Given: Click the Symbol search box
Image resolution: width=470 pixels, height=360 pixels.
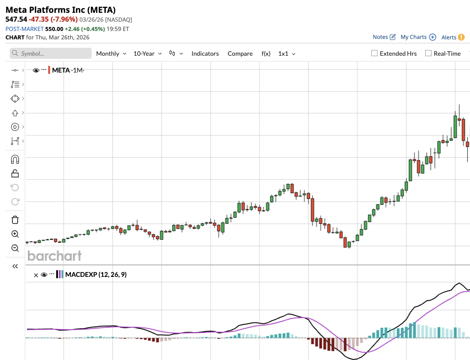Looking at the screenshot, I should click(x=50, y=54).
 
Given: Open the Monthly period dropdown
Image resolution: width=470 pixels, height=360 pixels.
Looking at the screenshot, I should click(x=111, y=54).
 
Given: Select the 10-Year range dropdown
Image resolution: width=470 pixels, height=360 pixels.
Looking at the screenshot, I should click(x=147, y=54).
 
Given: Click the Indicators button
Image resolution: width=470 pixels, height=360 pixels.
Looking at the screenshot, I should click(x=205, y=54).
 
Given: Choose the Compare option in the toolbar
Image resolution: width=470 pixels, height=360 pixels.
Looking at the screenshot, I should click(x=240, y=54).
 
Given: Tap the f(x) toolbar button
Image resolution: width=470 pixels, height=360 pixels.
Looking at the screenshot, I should click(x=266, y=54).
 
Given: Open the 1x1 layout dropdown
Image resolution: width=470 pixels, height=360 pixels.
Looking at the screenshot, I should click(x=286, y=54).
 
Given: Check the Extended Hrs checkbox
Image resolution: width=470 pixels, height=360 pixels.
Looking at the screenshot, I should click(x=374, y=54).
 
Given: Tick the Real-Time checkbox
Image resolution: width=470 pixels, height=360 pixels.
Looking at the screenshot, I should click(x=428, y=54).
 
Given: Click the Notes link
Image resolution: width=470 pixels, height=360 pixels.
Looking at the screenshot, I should click(x=384, y=37).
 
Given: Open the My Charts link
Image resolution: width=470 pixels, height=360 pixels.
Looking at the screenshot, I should click(x=418, y=37).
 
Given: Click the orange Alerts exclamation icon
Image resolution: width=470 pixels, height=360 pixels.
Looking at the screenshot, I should click(x=461, y=37).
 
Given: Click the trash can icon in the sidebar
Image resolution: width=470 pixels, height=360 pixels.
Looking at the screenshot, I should click(x=15, y=220).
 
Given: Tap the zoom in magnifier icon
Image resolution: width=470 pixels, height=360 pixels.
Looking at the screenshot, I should click(x=15, y=234).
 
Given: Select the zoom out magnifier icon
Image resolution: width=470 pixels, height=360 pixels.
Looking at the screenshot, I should click(x=15, y=248).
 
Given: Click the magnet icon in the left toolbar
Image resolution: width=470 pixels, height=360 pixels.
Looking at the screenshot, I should click(x=15, y=159).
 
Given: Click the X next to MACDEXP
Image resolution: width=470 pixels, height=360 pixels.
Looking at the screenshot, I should click(x=36, y=275).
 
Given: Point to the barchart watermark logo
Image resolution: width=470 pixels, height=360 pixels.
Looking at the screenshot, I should click(x=54, y=256).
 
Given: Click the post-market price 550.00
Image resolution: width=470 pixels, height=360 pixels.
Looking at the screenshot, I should click(x=54, y=29).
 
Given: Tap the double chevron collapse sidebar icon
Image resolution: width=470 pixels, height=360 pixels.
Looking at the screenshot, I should click(x=15, y=266).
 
